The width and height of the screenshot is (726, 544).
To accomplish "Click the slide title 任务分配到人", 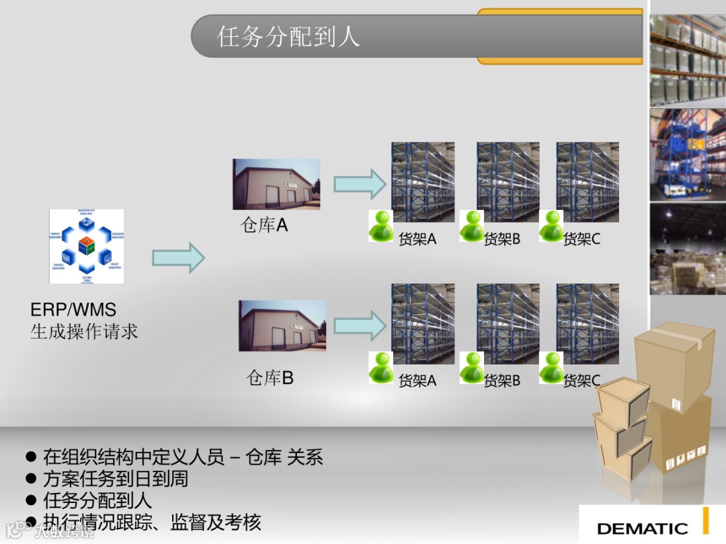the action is pyautogui.click(x=288, y=36).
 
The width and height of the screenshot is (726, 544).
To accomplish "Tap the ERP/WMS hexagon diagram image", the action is pyautogui.click(x=86, y=246).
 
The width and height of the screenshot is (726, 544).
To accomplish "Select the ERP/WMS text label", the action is pyautogui.click(x=73, y=310).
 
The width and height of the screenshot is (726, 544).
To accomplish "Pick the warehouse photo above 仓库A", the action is pyautogui.click(x=276, y=184).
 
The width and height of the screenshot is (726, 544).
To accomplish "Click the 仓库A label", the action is pyautogui.click(x=264, y=225).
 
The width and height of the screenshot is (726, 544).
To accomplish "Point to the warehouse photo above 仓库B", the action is pyautogui.click(x=282, y=325).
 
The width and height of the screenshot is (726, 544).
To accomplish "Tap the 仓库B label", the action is pyautogui.click(x=270, y=378).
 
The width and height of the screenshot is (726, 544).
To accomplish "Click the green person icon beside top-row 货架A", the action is pyautogui.click(x=381, y=226).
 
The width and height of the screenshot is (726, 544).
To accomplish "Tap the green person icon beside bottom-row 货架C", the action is pyautogui.click(x=551, y=367).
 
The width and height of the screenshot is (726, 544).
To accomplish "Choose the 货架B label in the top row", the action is pyautogui.click(x=502, y=239).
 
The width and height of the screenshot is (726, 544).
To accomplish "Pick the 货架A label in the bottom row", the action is pyautogui.click(x=417, y=381).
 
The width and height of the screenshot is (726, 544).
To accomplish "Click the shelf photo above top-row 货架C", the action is pyautogui.click(x=588, y=182).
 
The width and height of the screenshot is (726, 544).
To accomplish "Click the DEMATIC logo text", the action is pyautogui.click(x=642, y=529).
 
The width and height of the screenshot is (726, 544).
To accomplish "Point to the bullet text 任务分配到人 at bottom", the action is pyautogui.click(x=97, y=500).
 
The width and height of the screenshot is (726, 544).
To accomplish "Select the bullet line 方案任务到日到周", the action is pyautogui.click(x=115, y=479).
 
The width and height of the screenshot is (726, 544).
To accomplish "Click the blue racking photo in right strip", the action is pyautogui.click(x=687, y=154).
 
